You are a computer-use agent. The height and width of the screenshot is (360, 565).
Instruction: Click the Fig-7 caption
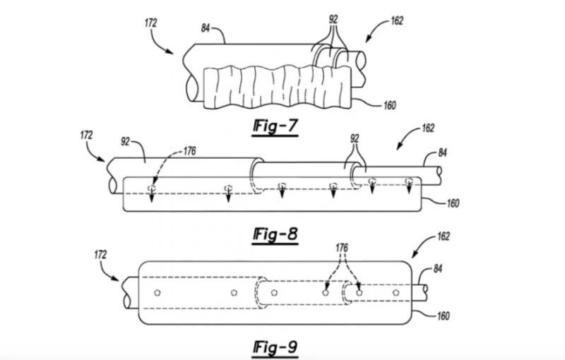coord(275,127)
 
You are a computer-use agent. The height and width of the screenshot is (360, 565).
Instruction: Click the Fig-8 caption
coord(275,235)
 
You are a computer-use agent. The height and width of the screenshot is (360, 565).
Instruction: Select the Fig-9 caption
coord(275,348)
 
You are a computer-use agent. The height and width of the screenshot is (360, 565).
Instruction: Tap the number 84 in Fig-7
coord(206,28)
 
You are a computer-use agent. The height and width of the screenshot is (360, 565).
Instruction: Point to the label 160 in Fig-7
coord(390,105)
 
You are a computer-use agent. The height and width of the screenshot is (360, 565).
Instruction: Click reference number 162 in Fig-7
coord(397,21)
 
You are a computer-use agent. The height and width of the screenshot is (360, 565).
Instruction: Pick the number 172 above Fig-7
coord(151,23)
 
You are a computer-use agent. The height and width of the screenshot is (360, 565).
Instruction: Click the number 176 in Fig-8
coord(190,151)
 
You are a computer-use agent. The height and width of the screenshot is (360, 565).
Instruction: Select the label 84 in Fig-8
coord(443,152)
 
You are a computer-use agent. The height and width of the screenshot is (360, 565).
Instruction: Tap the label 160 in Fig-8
coord(453,203)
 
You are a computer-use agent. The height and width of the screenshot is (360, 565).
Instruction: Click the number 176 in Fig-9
coord(342,248)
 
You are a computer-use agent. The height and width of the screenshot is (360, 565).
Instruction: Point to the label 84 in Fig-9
coord(438,268)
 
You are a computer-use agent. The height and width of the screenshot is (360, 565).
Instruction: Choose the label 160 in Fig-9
coord(444,316)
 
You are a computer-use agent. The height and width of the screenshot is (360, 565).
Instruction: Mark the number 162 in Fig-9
coord(444,236)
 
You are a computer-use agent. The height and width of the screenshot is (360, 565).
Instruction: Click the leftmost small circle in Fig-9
coord(157,293)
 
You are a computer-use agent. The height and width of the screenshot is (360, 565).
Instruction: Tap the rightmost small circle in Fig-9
coord(396,293)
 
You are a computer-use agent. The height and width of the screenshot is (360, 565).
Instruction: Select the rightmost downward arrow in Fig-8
coord(409,186)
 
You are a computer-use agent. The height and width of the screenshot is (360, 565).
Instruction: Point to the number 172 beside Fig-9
coord(100,255)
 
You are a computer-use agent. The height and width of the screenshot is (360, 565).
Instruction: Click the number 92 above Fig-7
coord(333,19)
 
